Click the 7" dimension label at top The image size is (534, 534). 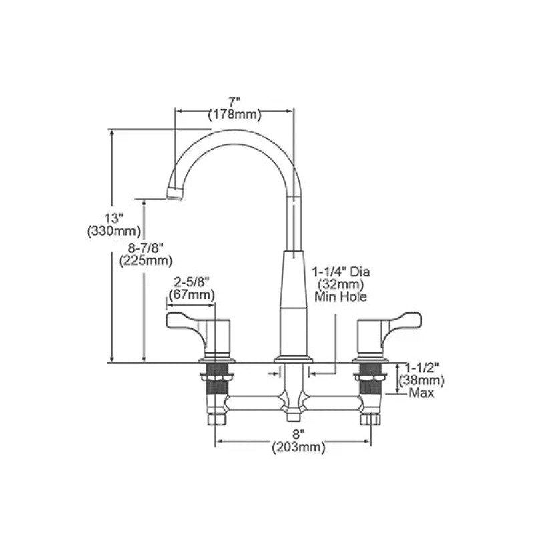click(x=234, y=102)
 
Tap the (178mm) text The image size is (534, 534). click(x=235, y=115)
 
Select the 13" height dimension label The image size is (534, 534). click(x=113, y=218)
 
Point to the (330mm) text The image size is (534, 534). click(x=114, y=231)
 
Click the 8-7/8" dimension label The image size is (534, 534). click(x=146, y=248)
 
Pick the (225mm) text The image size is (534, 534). click(x=146, y=261)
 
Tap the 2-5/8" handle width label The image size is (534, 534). click(x=192, y=282)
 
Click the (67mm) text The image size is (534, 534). click(x=192, y=294)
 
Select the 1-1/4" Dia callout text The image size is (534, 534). click(x=341, y=272)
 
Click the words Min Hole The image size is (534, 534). click(x=341, y=296)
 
